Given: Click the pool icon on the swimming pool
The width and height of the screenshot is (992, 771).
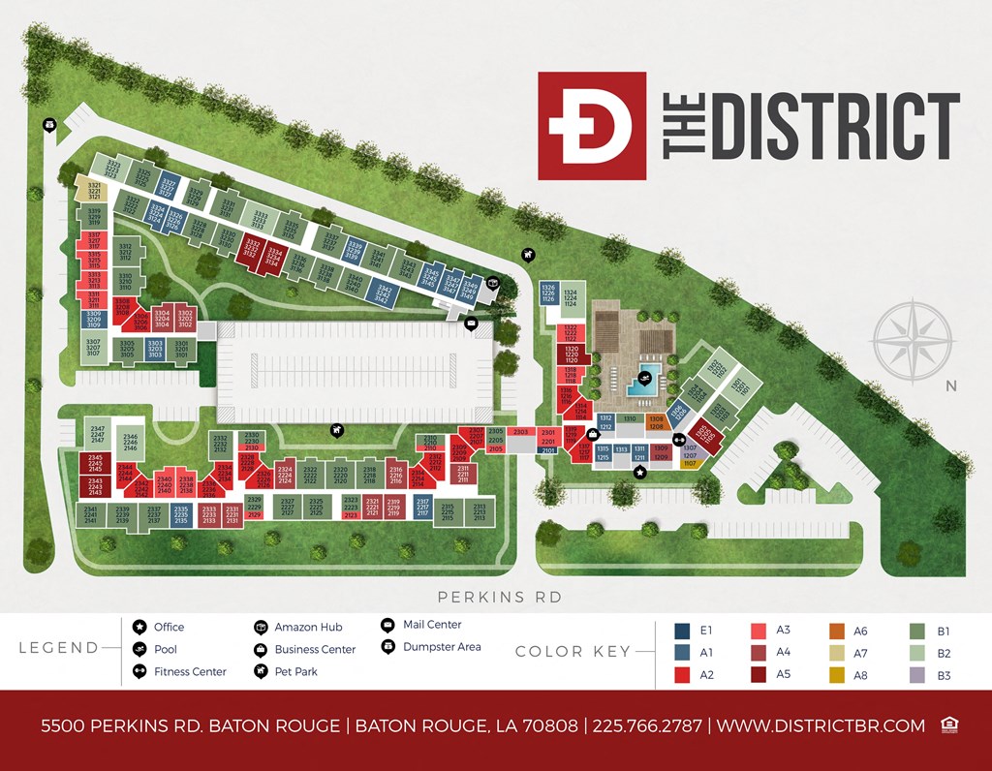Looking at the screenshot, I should coord(644,377).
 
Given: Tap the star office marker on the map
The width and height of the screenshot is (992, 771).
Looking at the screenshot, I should coord(639,472).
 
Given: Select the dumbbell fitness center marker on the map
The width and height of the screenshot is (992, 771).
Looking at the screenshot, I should coord(666,439).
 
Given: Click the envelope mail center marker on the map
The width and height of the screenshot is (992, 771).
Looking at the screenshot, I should coord(472,324).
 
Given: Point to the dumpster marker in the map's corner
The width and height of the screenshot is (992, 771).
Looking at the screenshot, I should coord(49,124).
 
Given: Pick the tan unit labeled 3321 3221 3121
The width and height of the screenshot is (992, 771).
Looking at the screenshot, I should coord(94,190).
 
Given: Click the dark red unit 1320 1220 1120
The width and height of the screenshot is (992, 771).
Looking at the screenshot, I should coord(571,354).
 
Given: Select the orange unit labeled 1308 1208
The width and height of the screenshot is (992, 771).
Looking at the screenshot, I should coord(656,422).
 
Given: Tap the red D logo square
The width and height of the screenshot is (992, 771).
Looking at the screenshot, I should coord(591,126).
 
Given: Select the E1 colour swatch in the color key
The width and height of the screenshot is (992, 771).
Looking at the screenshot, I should coord(682,632).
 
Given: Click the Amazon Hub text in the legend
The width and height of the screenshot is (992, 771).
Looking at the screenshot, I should coord(308,627).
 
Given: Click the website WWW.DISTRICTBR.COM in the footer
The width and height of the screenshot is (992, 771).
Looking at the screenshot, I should coord(821,725).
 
